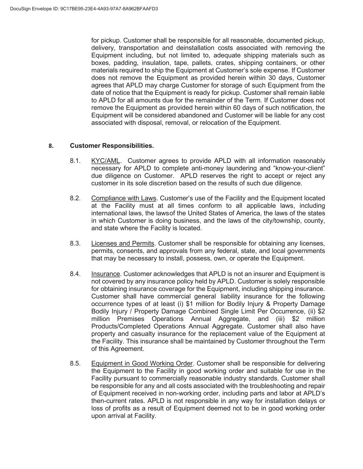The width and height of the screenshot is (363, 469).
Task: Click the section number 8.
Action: coord(51,146)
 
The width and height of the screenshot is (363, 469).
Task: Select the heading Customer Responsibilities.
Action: coord(112,146)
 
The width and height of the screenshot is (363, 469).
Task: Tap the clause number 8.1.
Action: coord(75,161)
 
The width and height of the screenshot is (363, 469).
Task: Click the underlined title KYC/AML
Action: coord(106,161)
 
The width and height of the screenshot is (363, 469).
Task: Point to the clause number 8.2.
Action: coord(75,198)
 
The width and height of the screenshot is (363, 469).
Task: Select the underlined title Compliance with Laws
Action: coord(124,198)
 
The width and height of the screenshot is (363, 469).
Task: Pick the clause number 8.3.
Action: coord(75,244)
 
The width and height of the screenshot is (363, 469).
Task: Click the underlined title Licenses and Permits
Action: coord(122,244)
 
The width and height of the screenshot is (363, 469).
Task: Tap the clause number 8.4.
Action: coord(75,274)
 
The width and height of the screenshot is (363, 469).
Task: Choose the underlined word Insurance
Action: coord(105,274)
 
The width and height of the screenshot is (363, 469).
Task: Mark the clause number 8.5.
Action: coord(75,364)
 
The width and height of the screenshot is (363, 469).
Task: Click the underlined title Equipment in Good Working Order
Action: coord(142,364)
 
